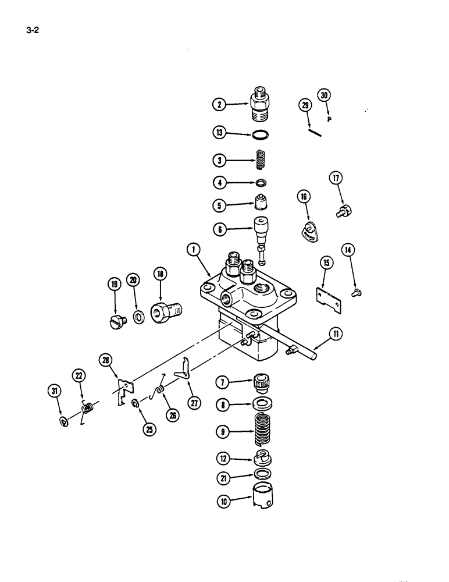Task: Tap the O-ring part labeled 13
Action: pyautogui.click(x=262, y=135)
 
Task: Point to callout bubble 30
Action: pyautogui.click(x=324, y=96)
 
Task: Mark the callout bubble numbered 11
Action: pyautogui.click(x=337, y=334)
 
